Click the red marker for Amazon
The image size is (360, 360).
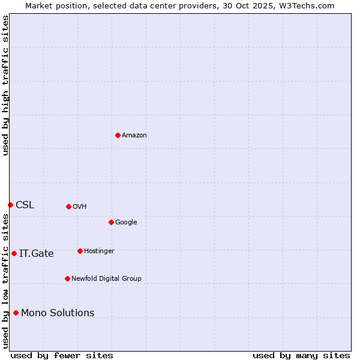click(x=118, y=135)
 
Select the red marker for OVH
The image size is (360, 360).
click(x=68, y=206)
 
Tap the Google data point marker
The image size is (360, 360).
click(x=111, y=222)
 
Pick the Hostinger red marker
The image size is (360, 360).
click(x=80, y=251)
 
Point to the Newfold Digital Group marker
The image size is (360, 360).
click(x=67, y=278)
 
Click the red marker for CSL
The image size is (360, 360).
click(x=10, y=205)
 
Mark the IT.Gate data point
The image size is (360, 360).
click(x=14, y=253)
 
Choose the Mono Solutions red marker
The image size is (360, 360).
click(x=16, y=313)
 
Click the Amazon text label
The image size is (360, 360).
click(x=134, y=136)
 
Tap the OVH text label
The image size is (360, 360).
click(x=80, y=207)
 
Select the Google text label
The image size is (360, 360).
click(x=126, y=223)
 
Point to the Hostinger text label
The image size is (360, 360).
click(x=99, y=251)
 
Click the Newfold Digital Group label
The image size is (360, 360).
click(x=106, y=279)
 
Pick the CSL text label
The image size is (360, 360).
click(x=25, y=205)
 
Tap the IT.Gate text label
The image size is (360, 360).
click(x=36, y=254)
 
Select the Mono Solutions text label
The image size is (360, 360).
click(x=58, y=313)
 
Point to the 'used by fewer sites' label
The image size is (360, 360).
click(x=62, y=355)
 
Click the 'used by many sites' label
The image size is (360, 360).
click(x=301, y=355)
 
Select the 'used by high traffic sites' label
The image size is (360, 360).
click(x=5, y=85)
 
